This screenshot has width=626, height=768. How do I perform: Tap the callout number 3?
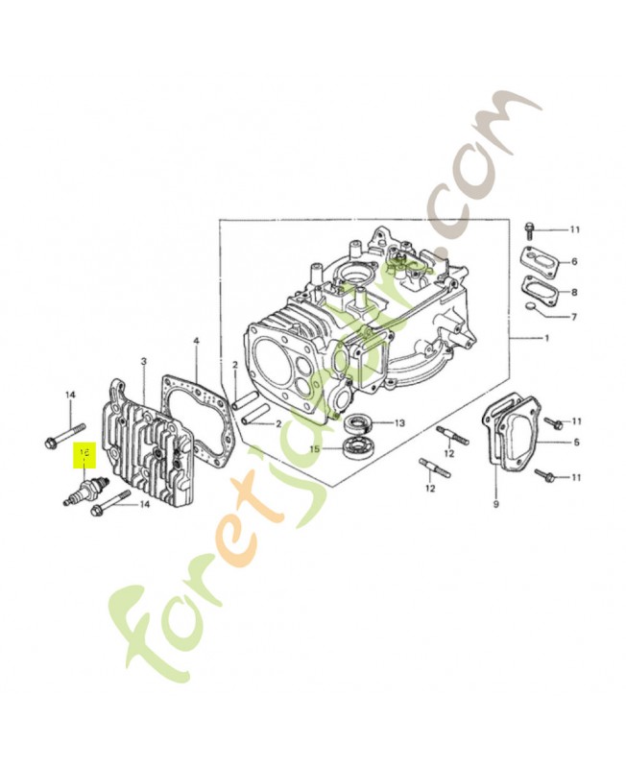click(x=143, y=361)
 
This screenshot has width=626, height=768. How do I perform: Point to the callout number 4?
click(x=196, y=341)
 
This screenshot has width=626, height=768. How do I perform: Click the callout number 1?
click(x=546, y=338)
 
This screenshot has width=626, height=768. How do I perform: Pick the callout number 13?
click(x=399, y=422)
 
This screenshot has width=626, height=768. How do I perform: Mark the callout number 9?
click(x=496, y=504)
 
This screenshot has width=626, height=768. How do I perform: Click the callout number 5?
click(x=576, y=443)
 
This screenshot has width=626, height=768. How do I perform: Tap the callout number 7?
click(x=574, y=317)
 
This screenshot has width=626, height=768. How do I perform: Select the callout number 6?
click(x=574, y=261)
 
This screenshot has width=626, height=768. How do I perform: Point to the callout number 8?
click(x=574, y=292)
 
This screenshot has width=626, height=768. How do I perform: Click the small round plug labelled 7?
click(x=531, y=306)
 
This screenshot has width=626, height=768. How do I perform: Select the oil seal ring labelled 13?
click(x=361, y=421)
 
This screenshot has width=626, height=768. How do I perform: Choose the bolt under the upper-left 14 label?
click(x=57, y=438)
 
